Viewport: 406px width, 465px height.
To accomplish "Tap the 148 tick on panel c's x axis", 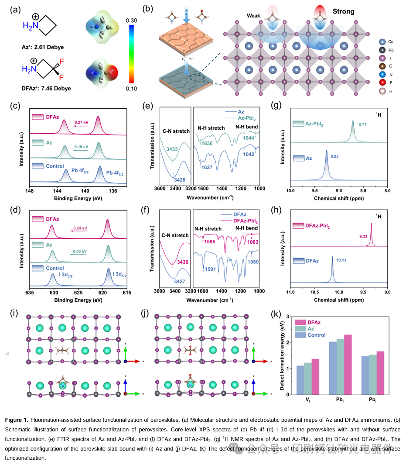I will [30, 190].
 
